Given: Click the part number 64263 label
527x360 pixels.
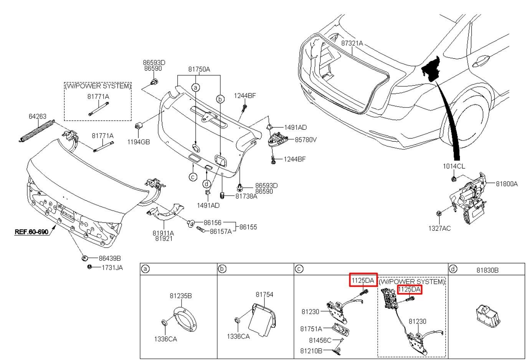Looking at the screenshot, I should (x=37, y=116).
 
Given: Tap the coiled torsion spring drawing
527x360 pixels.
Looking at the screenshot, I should (x=37, y=130).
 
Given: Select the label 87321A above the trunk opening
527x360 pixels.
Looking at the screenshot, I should (x=352, y=43).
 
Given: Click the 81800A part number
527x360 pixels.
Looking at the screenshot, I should (x=506, y=184).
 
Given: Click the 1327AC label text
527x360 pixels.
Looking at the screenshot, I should (x=439, y=228).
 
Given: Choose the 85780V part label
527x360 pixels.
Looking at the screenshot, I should (x=306, y=140).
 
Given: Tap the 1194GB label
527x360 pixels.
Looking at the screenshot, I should (x=139, y=142).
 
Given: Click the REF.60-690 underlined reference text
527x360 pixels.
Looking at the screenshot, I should (x=31, y=232).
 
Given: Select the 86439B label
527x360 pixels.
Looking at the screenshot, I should (x=109, y=258).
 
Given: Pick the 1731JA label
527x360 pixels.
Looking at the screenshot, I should (x=112, y=268).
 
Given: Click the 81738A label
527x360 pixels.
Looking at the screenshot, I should (x=246, y=196).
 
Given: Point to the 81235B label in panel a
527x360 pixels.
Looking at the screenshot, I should (x=181, y=296).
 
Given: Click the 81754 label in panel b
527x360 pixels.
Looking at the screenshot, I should (x=264, y=294).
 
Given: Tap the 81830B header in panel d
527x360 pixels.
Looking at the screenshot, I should (x=487, y=270).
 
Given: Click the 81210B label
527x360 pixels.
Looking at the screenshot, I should (x=311, y=350).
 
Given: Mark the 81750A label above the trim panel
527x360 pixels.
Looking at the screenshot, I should (x=199, y=69).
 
